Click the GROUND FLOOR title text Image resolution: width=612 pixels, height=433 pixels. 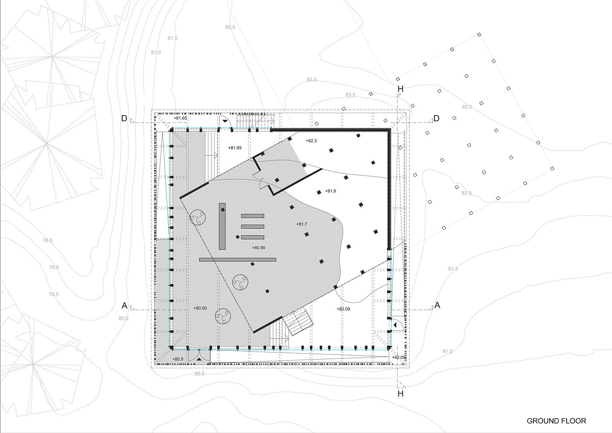click(556, 421)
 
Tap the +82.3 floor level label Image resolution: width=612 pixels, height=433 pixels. click(311, 141)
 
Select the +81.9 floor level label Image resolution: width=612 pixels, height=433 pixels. click(330, 191)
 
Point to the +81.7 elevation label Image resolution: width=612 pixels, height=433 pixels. click(302, 224)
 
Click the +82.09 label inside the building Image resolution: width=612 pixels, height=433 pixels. click(343, 309)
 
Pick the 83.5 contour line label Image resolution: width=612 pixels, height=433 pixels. click(350, 95)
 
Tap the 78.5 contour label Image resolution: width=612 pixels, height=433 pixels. click(47, 240)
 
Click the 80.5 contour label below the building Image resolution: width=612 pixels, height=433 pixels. click(200, 374)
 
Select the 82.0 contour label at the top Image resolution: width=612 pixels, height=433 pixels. click(230, 27)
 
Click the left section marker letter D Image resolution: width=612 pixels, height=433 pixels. click(124, 118)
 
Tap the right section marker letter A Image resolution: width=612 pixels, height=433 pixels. click(437, 305)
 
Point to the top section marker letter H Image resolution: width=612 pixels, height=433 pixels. click(400, 89)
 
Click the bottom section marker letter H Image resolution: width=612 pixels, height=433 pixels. click(400, 394)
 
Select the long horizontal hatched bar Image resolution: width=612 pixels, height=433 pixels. click(237, 260)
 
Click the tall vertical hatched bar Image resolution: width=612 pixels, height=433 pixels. click(222, 226)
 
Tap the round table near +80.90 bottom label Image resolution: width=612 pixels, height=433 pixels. click(223, 316)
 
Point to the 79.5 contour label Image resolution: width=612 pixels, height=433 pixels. click(53, 294)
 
